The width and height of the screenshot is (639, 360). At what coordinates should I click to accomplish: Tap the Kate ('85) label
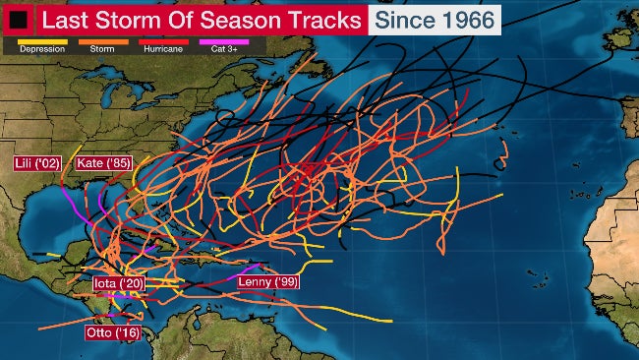tap(103, 162)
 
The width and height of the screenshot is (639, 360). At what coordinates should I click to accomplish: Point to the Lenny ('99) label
tap(268, 281)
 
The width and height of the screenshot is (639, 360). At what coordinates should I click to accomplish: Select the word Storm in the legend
tap(102, 49)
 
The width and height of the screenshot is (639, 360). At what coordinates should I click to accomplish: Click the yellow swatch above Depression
tap(41, 41)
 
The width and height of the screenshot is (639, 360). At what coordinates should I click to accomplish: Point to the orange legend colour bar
tap(103, 41)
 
